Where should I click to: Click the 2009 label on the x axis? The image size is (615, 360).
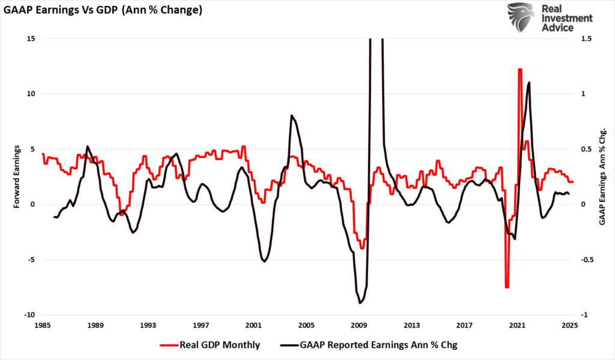(359, 325)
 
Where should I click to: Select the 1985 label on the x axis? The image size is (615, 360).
(43, 325)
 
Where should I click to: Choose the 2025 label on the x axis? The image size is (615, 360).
(570, 325)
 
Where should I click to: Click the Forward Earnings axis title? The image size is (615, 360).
(17, 177)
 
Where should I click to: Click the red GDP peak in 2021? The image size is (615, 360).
(520, 70)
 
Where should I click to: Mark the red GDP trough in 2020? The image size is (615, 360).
(507, 287)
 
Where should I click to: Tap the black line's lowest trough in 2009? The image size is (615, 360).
(360, 303)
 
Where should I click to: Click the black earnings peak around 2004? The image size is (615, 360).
(291, 115)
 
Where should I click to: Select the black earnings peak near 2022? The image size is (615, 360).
(529, 83)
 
